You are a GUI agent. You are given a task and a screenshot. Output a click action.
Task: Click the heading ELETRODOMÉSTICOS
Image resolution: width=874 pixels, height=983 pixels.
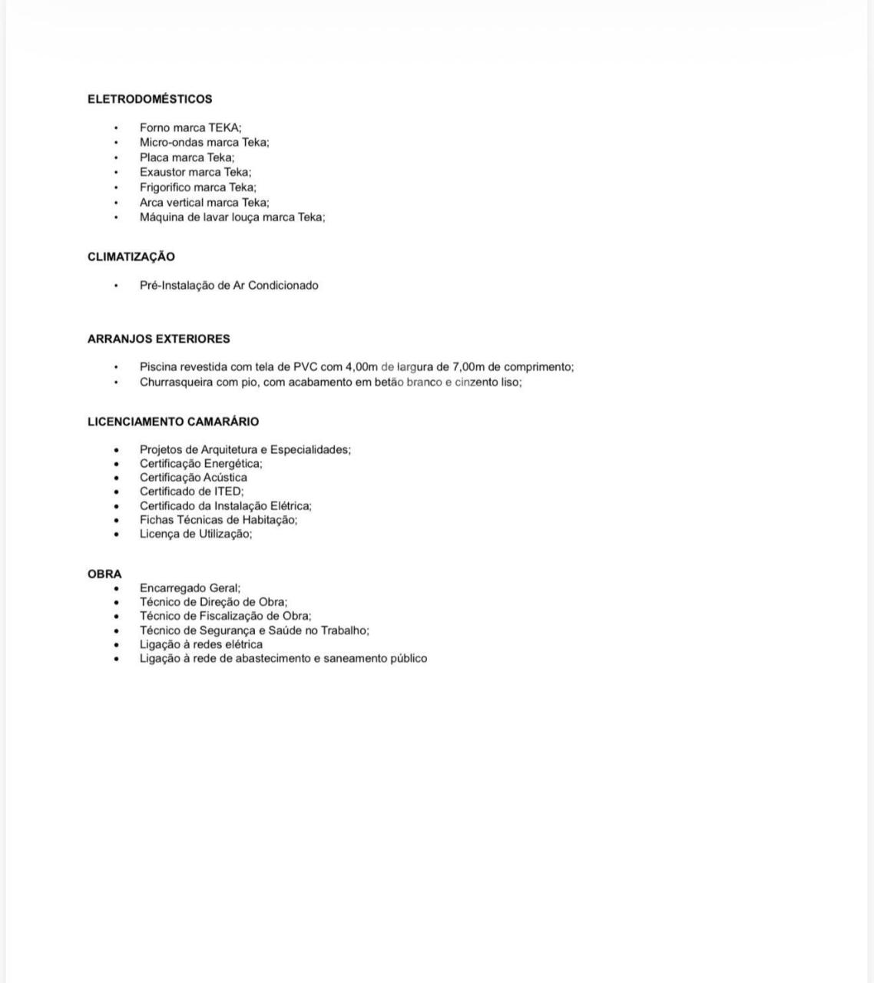click(150, 99)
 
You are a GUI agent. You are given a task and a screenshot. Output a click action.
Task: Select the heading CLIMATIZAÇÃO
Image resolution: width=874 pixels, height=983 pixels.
click(131, 257)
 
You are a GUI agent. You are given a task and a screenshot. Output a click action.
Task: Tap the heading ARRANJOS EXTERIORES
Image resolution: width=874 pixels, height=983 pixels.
click(159, 339)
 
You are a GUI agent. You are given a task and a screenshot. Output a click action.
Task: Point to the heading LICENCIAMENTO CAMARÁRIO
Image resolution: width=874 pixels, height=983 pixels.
click(174, 422)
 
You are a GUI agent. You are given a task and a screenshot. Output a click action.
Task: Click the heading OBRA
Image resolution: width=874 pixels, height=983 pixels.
click(104, 574)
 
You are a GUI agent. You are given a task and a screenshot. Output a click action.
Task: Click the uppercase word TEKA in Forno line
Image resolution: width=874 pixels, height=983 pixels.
click(224, 127)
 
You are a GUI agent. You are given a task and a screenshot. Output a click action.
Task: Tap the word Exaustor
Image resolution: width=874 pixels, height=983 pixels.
click(162, 172)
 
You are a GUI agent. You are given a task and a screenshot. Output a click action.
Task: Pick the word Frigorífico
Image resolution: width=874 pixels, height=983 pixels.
click(165, 187)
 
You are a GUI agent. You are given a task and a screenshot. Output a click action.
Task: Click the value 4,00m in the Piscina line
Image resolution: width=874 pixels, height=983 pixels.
click(362, 367)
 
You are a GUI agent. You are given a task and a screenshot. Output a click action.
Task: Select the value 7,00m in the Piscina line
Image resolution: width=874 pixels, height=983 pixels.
click(468, 367)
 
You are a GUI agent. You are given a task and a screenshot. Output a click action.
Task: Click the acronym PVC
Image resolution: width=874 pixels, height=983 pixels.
click(305, 367)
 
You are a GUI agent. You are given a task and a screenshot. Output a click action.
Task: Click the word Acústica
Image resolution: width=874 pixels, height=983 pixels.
click(225, 478)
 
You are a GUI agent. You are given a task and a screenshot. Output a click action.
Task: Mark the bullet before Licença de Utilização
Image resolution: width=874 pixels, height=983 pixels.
click(117, 535)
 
